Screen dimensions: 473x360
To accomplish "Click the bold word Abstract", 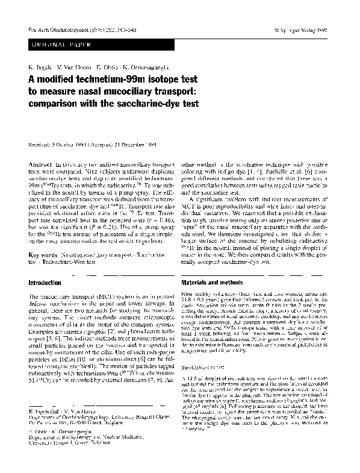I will pos(40,164).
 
